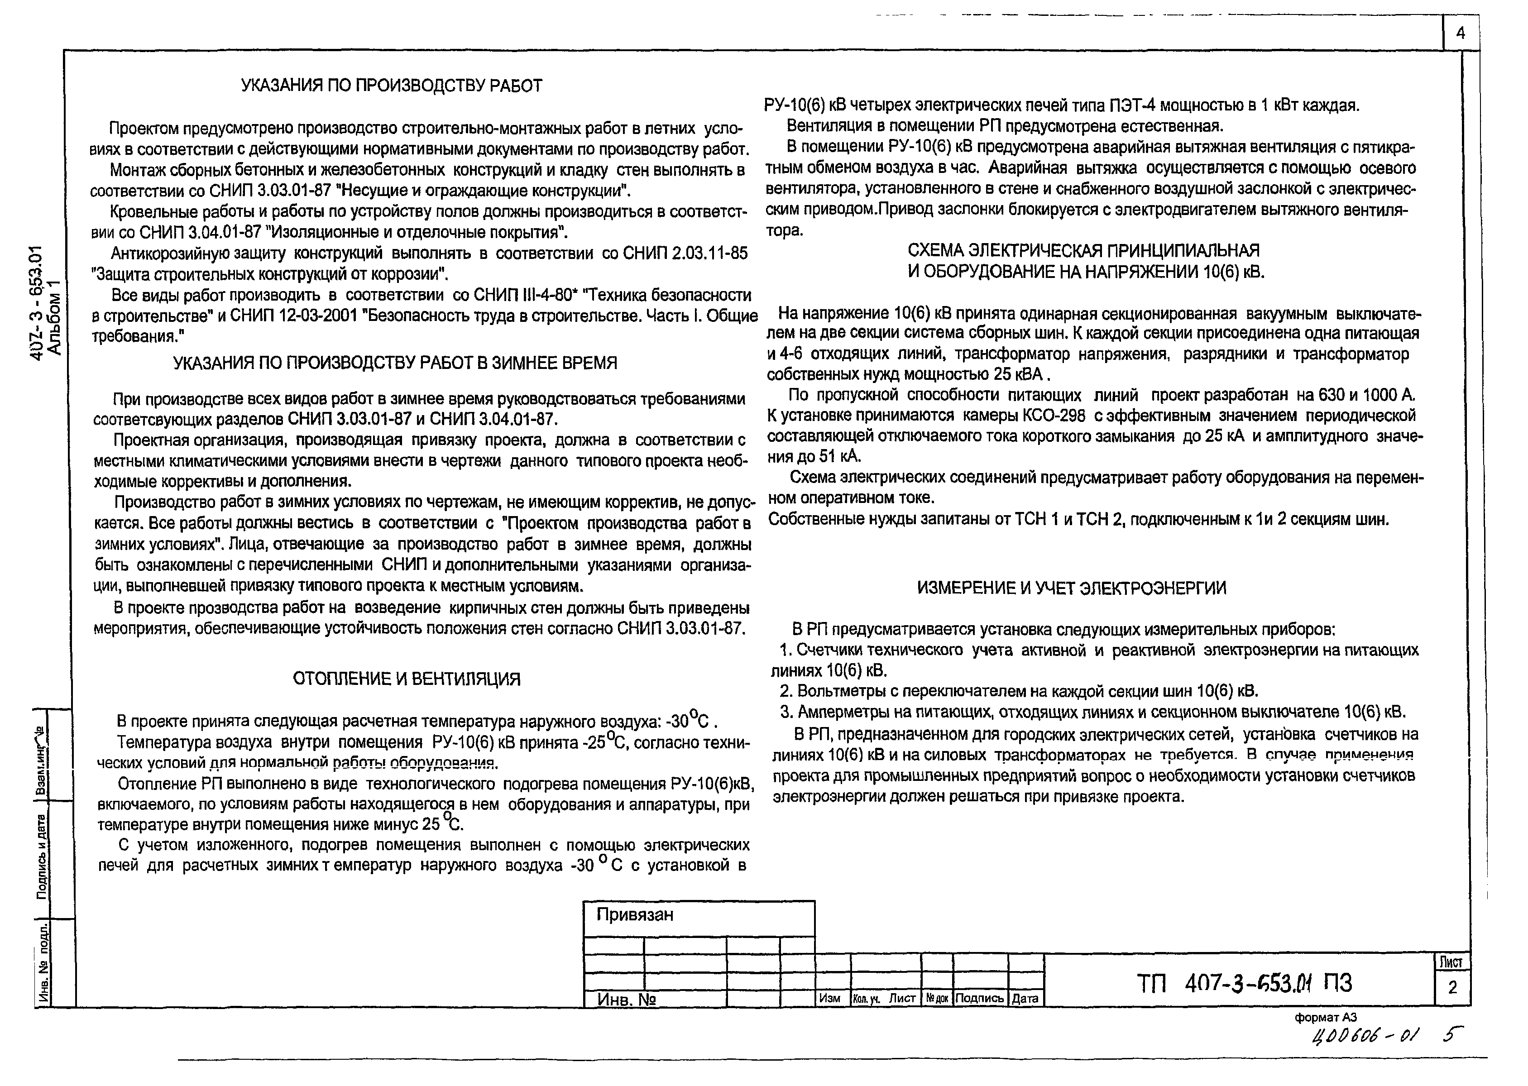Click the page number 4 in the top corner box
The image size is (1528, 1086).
coord(1460,33)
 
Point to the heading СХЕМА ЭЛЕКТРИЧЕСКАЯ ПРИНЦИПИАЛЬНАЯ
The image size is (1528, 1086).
coord(1083,251)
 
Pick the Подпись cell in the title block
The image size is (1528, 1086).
coord(979,998)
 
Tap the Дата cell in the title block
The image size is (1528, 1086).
coord(1025,998)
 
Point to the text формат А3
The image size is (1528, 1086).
coord(1325,1018)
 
